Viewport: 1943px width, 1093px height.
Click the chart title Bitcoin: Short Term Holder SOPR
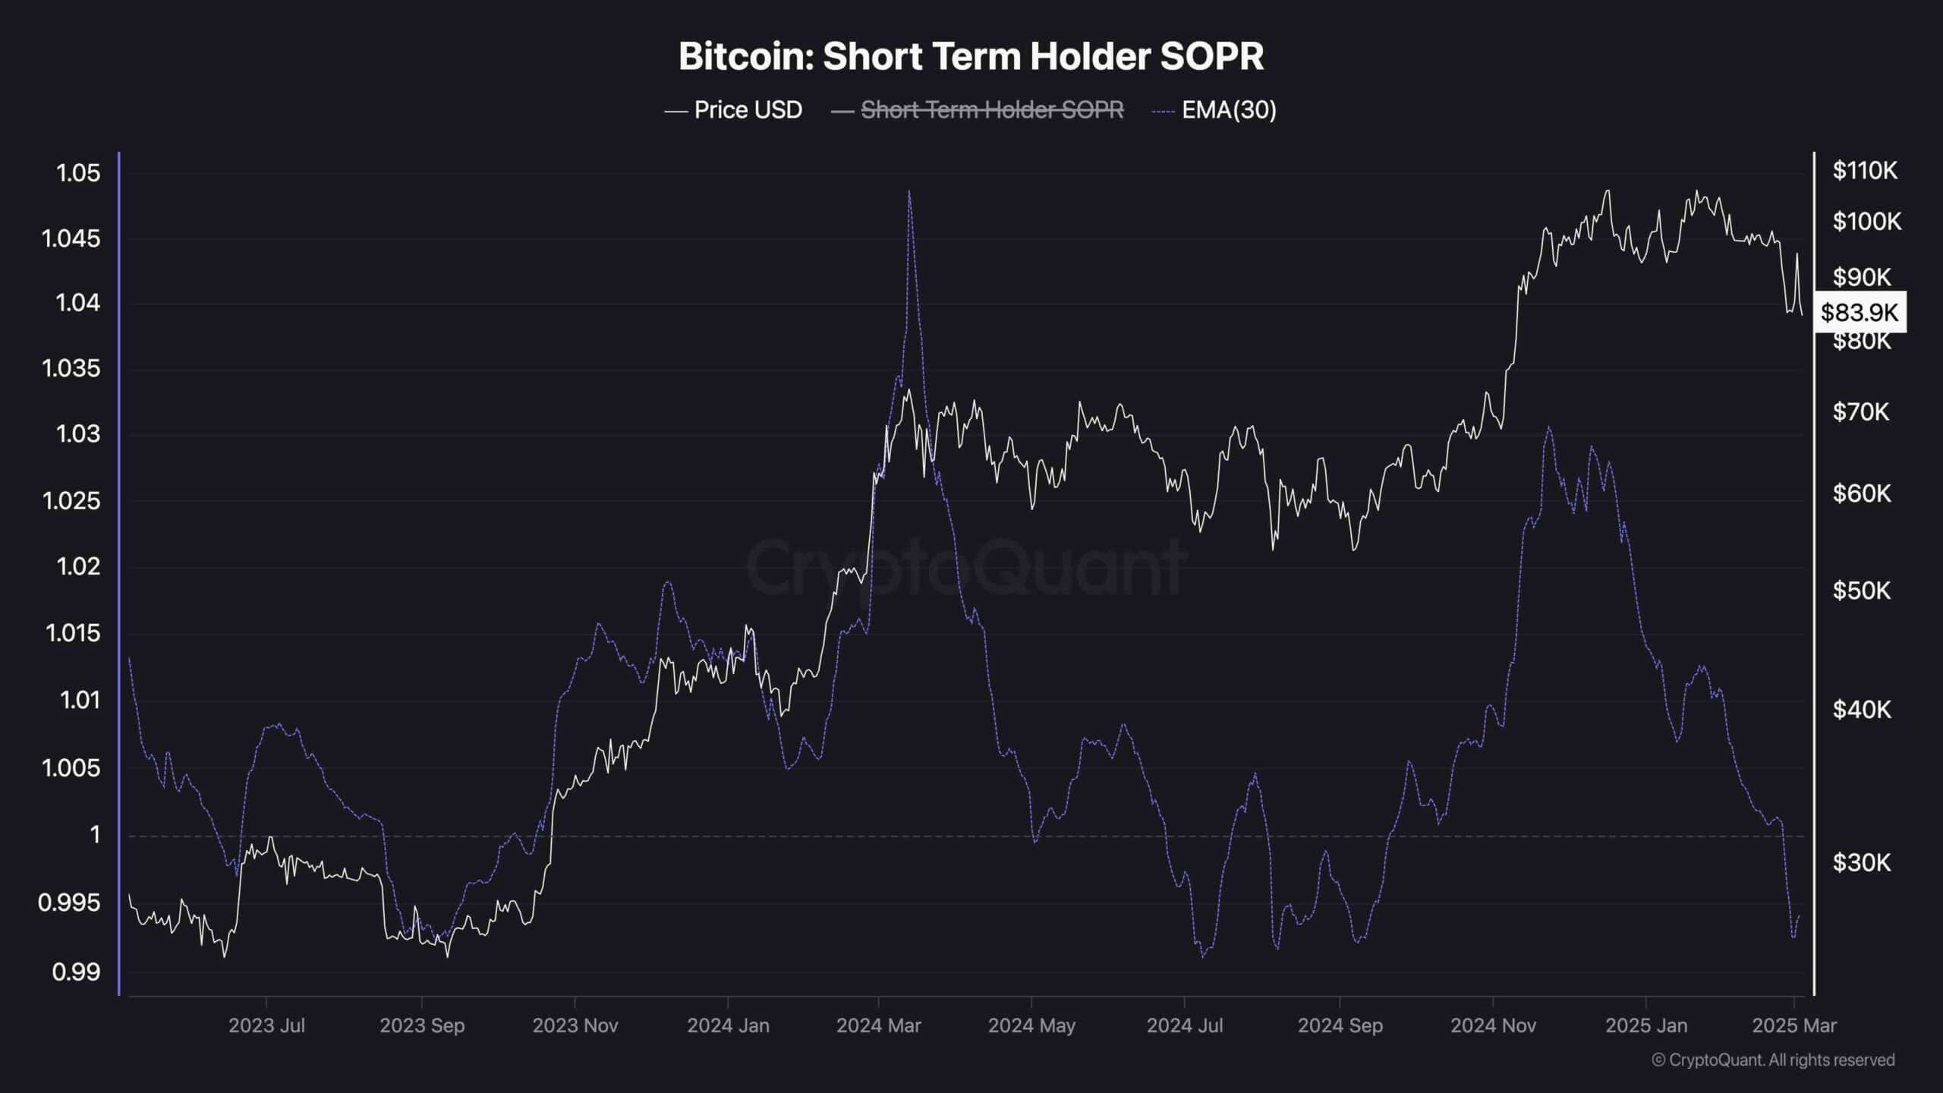971,56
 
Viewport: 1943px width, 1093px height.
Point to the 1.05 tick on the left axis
78,173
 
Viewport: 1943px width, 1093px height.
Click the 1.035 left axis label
71,369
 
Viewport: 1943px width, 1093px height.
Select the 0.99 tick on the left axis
76,972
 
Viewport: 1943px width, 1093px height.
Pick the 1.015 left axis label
72,633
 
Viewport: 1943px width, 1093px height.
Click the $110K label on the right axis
1864,171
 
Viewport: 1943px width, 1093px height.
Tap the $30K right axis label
1861,862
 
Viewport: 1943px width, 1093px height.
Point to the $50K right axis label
1861,591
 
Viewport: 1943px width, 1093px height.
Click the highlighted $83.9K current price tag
1860,312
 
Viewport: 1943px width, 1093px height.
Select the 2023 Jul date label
266,1025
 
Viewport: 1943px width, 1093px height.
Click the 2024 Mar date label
878,1025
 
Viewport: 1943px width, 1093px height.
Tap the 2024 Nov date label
1493,1025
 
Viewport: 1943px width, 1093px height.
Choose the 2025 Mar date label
1794,1025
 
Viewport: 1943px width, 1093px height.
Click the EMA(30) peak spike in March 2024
909,192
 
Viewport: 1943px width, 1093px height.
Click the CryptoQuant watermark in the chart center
966,565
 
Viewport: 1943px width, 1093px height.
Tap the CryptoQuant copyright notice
1773,1060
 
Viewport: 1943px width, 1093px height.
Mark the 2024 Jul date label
1185,1025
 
